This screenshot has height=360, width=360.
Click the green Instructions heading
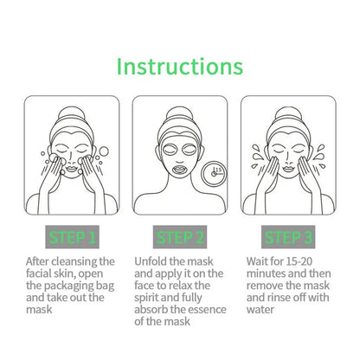(179, 66)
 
